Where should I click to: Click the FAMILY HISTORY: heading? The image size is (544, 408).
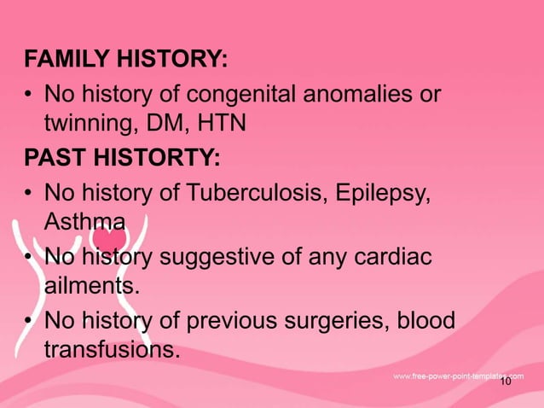pyautogui.click(x=126, y=60)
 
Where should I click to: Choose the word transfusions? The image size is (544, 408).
pyautogui.click(x=112, y=350)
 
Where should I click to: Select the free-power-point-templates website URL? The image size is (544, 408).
pyautogui.click(x=458, y=376)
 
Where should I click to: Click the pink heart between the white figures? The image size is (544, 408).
pyautogui.click(x=107, y=235)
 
